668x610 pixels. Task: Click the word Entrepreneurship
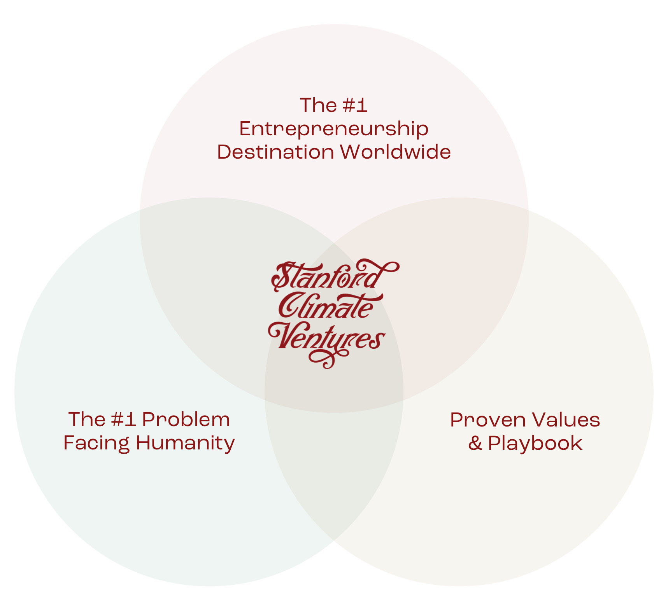point(334,129)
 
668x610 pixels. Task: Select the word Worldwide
point(396,152)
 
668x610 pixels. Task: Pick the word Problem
point(186,419)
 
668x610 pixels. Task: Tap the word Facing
point(96,443)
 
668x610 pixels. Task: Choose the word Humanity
point(185,443)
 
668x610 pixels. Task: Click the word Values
point(565,420)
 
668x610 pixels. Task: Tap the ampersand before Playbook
point(475,443)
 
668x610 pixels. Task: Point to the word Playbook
point(535,443)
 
